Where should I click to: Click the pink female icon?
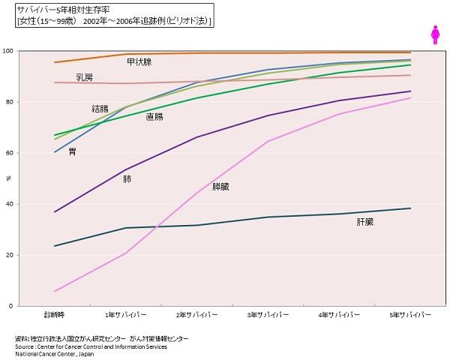[433, 34]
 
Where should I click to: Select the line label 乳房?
[85, 77]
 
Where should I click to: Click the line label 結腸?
[100, 109]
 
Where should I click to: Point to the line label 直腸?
[154, 117]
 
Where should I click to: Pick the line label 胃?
[72, 151]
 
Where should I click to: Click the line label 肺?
[127, 180]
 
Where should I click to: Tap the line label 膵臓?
[221, 186]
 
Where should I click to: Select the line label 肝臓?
[365, 223]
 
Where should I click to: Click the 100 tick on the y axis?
[28, 51]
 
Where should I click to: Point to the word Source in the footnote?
[25, 346]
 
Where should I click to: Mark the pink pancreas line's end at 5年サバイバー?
[411, 98]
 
